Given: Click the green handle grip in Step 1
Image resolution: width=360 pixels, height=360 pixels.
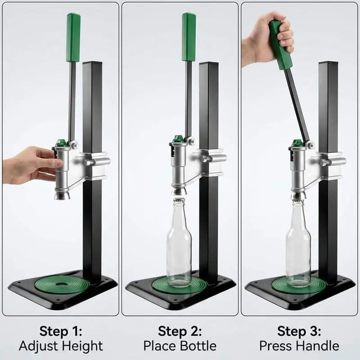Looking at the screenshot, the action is [x=73, y=38].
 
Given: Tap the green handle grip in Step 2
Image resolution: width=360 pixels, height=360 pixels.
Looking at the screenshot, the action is [x=189, y=37].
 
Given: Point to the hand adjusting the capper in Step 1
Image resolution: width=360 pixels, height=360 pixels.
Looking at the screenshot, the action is [x=32, y=165].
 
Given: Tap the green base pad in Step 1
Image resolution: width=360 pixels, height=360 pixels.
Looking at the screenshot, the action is [x=62, y=285].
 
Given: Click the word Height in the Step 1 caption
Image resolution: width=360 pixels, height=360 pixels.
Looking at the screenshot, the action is [x=82, y=346].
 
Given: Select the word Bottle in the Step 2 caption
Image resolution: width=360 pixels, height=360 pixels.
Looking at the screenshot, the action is [x=198, y=346].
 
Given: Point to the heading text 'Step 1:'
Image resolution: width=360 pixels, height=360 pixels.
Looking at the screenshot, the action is [x=61, y=331].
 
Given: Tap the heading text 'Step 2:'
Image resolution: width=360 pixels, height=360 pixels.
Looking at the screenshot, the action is [x=180, y=331].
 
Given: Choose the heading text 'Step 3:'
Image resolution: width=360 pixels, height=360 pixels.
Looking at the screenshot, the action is [x=299, y=331].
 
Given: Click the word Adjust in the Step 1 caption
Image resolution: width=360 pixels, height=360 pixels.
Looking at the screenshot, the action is [x=40, y=346].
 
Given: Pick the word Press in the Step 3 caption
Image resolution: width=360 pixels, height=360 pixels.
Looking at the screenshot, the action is [x=276, y=346].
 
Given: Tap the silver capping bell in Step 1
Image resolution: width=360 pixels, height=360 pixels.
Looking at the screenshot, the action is [x=63, y=195].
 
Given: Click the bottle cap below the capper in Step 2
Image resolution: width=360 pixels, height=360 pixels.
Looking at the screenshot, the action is [x=179, y=199].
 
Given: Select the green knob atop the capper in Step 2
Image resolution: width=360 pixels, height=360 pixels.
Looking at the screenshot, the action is [x=178, y=139].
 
